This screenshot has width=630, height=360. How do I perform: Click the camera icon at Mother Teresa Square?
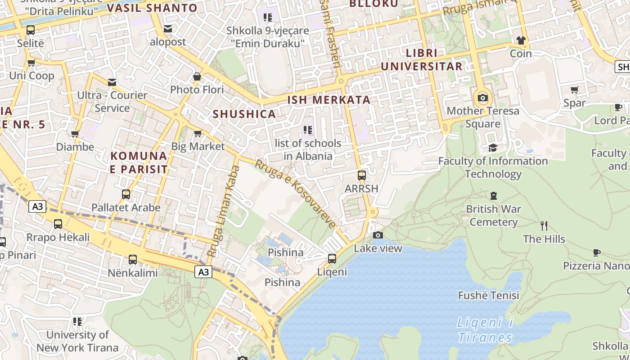click(483, 98)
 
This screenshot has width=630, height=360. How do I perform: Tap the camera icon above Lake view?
click(378, 235)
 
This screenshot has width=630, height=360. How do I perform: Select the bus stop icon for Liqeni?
click(332, 259)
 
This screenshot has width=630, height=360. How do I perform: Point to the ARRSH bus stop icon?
click(361, 175)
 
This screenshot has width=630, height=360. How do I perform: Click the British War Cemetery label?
click(493, 216)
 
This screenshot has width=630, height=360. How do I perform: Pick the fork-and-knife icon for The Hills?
click(544, 225)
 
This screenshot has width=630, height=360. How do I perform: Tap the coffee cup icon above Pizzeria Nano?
click(597, 252)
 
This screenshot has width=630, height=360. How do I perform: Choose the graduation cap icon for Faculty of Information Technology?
click(493, 148)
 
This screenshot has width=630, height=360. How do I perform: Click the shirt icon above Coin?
click(521, 40)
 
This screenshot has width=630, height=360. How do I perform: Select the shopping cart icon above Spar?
click(575, 90)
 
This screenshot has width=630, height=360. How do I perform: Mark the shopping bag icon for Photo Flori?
click(197, 76)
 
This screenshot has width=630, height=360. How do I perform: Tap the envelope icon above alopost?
click(168, 29)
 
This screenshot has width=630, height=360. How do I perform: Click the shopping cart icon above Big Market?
click(197, 133)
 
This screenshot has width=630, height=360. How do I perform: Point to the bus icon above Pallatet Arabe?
click(126, 194)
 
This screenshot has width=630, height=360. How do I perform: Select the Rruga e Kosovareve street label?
click(296, 194)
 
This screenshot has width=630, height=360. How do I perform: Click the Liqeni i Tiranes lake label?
click(485, 330)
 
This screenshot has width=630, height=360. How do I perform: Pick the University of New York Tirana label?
click(77, 341)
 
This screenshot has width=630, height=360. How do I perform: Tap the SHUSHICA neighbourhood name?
click(244, 114)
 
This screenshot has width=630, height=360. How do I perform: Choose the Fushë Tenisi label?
click(488, 295)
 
